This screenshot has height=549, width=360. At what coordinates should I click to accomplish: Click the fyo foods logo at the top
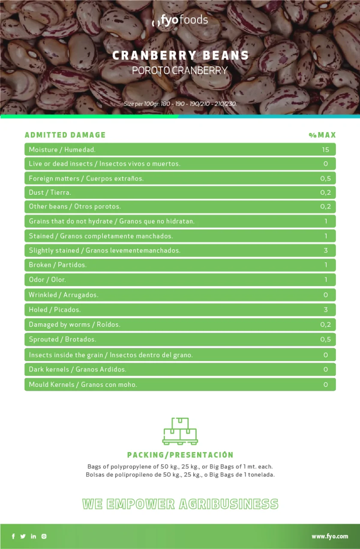(180, 20)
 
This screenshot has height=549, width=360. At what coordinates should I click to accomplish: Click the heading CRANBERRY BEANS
(180, 56)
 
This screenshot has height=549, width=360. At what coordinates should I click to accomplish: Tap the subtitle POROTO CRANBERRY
(180, 70)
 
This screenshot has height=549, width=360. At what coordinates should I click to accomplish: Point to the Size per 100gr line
(180, 104)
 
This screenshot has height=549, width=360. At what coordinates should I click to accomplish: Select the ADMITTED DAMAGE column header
(65, 135)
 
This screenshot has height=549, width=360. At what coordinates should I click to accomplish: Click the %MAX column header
(322, 135)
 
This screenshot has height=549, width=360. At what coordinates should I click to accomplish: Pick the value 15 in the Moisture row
(326, 150)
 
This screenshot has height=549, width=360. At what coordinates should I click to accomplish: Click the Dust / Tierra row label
(50, 193)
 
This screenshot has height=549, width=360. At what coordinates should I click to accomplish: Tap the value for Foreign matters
(326, 178)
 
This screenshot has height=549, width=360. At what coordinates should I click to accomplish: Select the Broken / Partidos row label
(58, 265)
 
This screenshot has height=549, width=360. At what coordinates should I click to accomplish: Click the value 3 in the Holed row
(326, 310)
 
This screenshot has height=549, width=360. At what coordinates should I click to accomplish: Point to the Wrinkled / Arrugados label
(63, 295)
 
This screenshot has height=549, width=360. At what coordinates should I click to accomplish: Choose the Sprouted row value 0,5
(326, 339)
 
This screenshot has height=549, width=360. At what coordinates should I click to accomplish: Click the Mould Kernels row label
(83, 384)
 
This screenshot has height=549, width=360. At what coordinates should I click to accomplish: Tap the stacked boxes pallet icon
(180, 431)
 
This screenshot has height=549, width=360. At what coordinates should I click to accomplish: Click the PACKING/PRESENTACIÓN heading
(180, 455)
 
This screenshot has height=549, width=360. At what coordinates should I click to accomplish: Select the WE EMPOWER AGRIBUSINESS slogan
(180, 504)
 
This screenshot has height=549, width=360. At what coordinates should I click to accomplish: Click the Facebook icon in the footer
(13, 536)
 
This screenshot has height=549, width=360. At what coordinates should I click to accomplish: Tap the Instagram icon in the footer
(44, 536)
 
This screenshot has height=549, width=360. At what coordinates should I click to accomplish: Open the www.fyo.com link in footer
(330, 536)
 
